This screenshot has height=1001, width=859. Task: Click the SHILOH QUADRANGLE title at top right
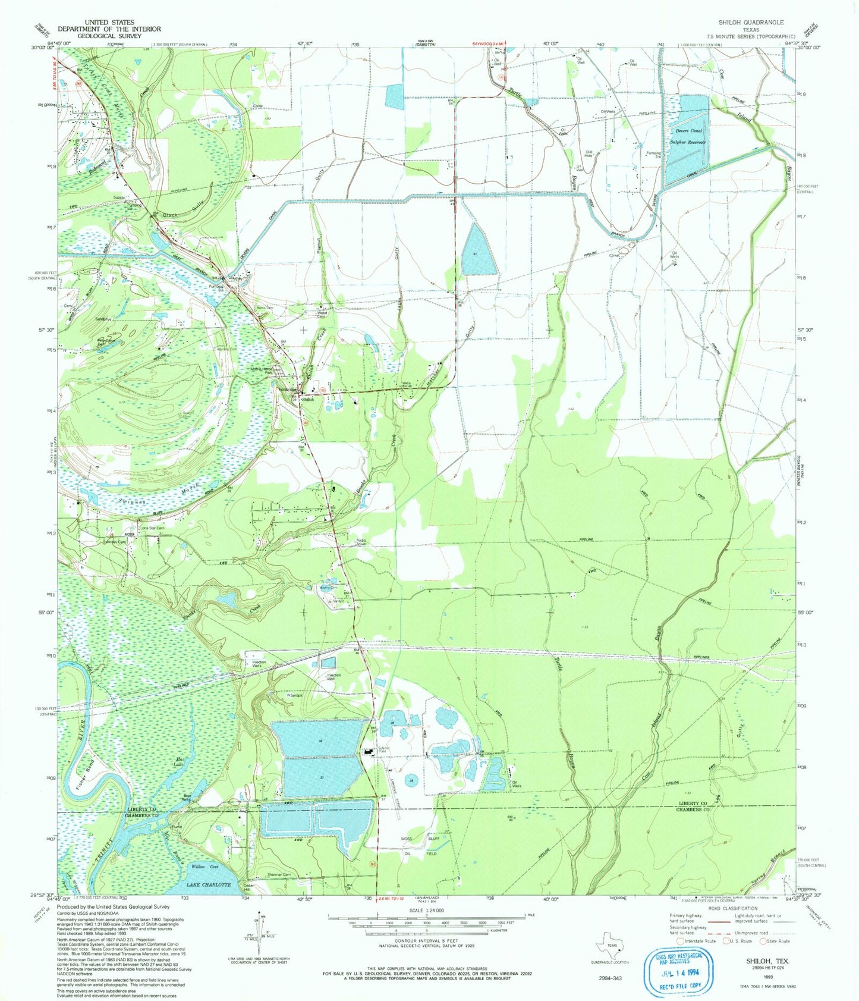tap(751, 22)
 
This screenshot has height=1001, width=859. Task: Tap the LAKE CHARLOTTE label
tap(210, 884)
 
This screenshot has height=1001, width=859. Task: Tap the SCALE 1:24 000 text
tap(426, 909)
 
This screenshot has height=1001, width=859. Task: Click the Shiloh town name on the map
tap(307, 400)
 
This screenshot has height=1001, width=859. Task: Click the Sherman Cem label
tap(278, 874)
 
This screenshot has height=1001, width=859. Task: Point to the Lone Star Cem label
tap(152, 528)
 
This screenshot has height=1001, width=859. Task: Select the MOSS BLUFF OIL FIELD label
tap(419, 846)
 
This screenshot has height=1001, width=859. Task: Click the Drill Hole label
tap(589, 153)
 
